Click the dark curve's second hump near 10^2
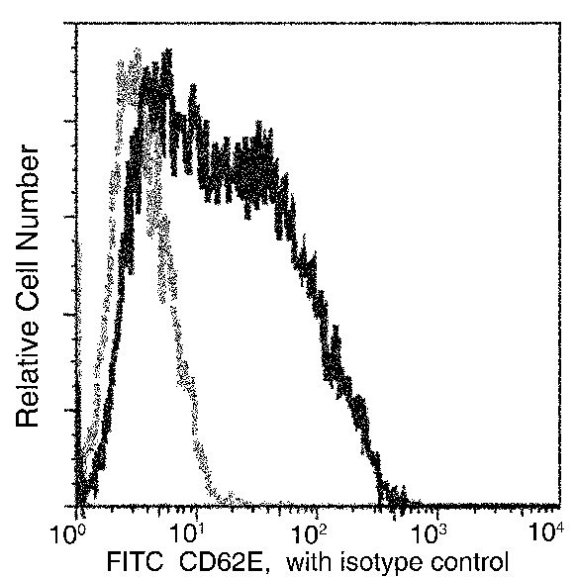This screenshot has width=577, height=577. (259, 139)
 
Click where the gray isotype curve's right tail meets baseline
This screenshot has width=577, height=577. (238, 499)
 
